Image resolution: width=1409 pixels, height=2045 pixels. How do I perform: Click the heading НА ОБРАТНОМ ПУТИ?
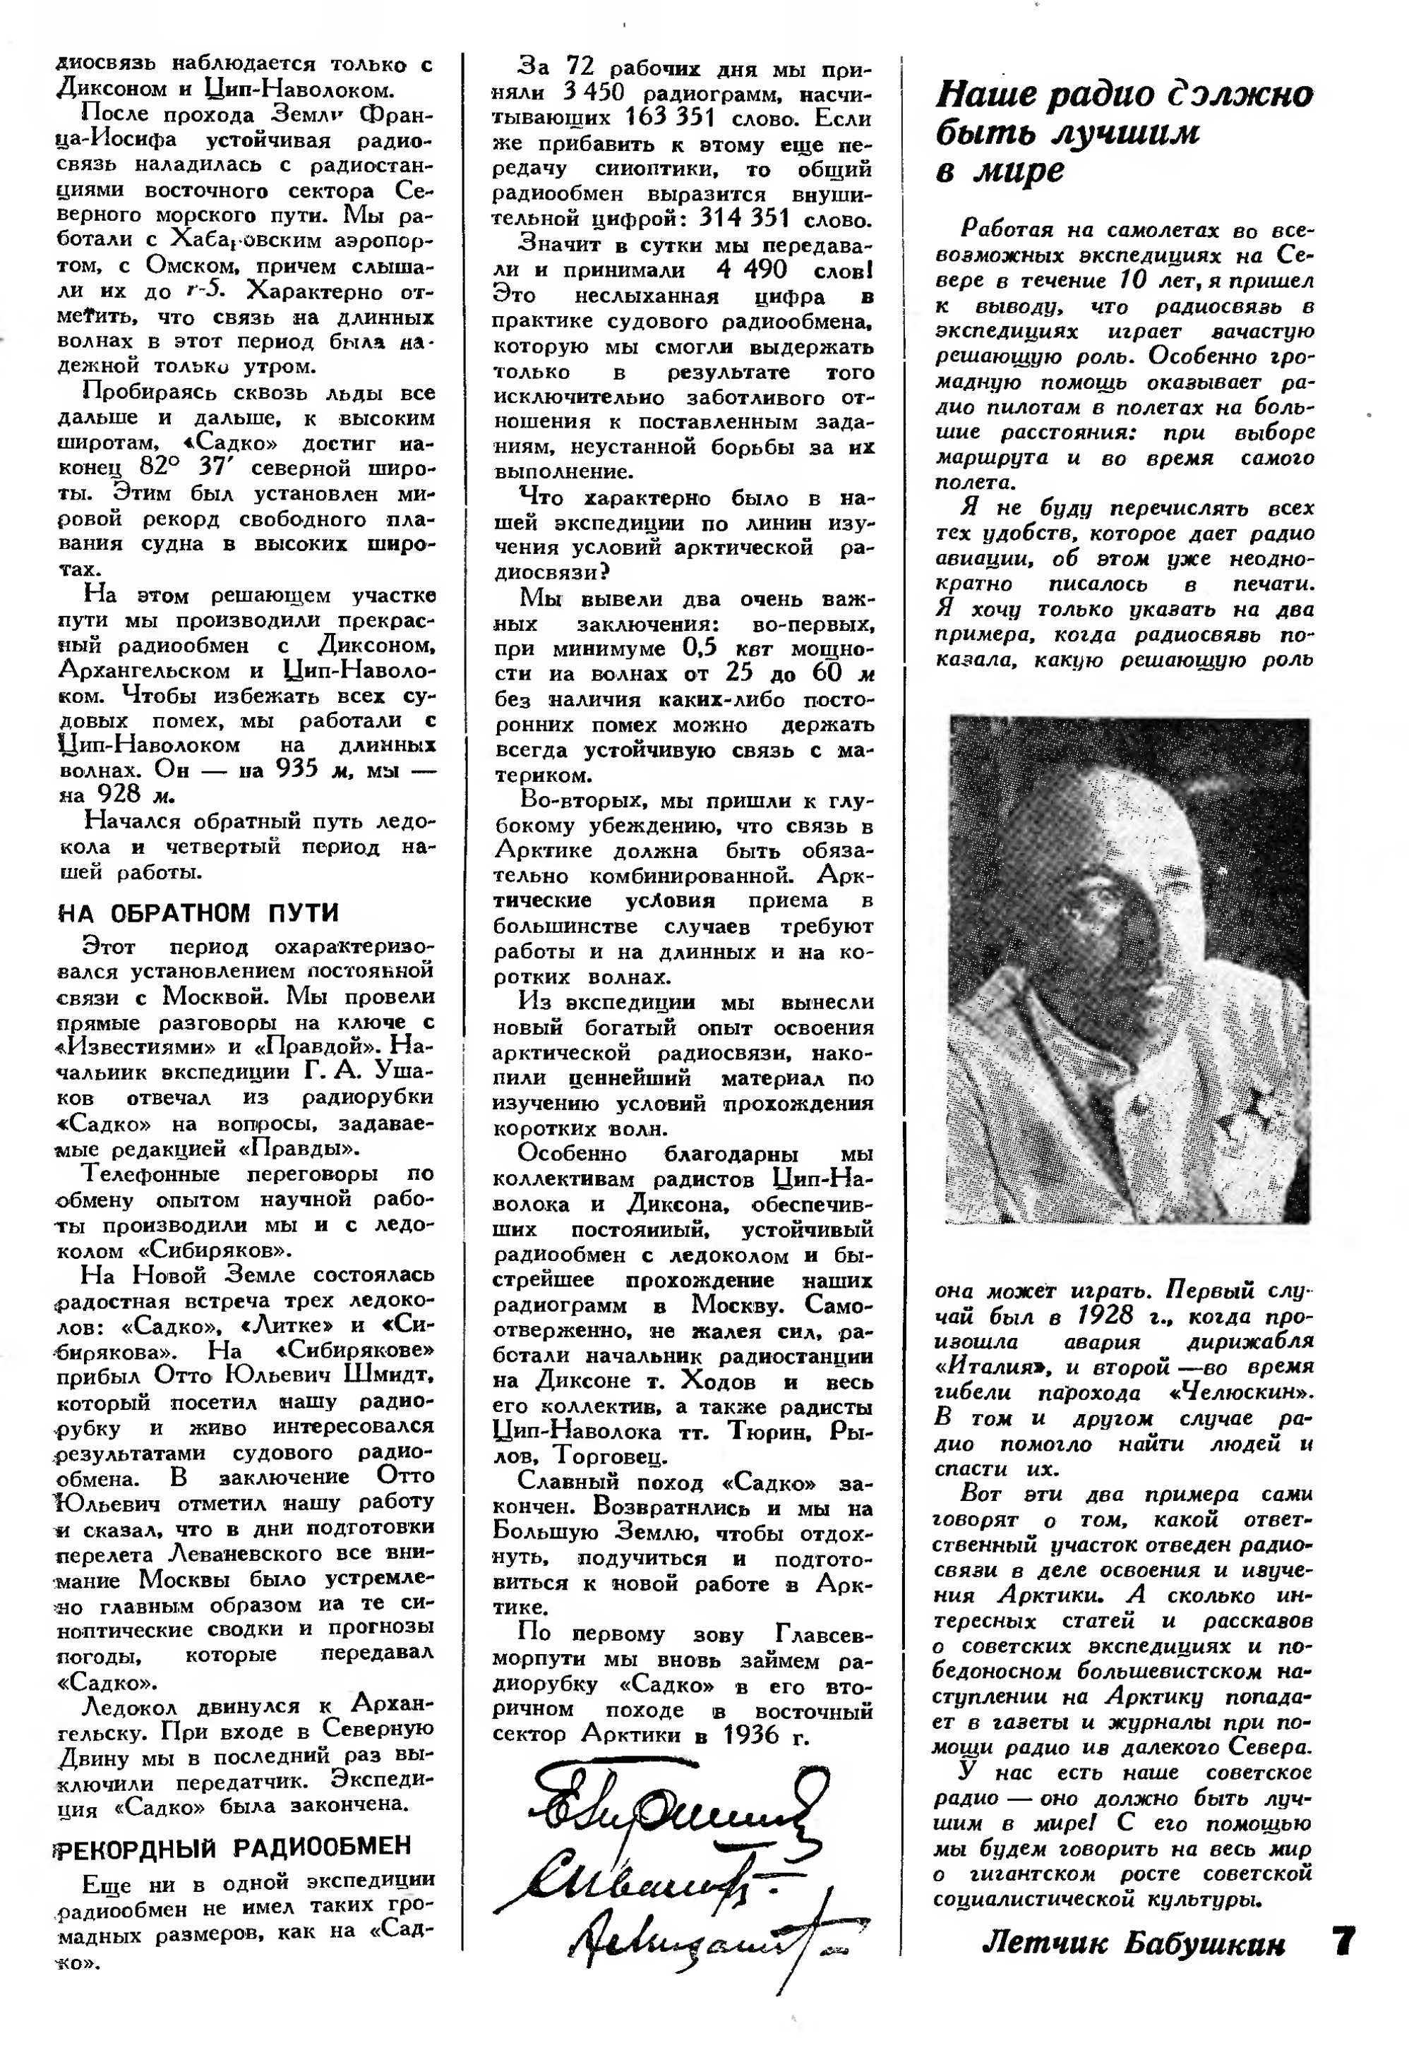coord(198,912)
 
